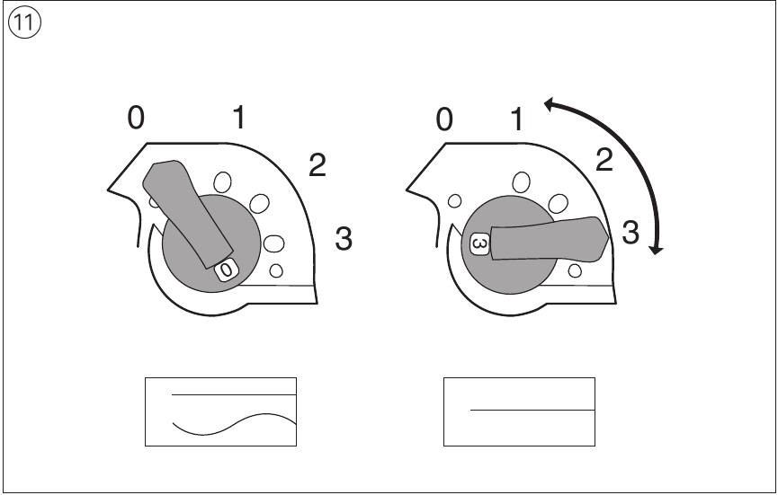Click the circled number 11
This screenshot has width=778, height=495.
tap(24, 22)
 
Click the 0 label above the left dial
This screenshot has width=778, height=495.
tap(136, 119)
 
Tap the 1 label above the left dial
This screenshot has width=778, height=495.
tap(239, 118)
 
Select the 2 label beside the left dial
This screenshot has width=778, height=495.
tap(317, 165)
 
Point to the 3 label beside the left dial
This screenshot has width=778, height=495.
tap(344, 238)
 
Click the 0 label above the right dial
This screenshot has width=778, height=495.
tap(444, 119)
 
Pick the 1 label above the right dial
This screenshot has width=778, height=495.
tap(517, 119)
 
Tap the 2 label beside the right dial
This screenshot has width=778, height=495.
tap(604, 160)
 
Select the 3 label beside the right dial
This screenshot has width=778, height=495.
tap(630, 232)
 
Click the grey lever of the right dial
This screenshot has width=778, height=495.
tap(549, 239)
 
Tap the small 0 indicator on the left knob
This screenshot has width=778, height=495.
tap(227, 270)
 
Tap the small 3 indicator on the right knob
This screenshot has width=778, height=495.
tap(479, 243)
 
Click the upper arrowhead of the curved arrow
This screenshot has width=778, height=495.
tap(550, 104)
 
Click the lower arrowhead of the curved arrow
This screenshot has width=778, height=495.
tap(657, 249)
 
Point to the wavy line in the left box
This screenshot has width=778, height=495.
tap(234, 425)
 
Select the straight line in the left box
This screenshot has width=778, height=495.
tap(234, 395)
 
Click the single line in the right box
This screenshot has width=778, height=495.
tap(532, 411)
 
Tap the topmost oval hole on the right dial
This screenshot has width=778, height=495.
tap(521, 181)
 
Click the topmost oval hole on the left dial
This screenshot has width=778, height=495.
tap(222, 182)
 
